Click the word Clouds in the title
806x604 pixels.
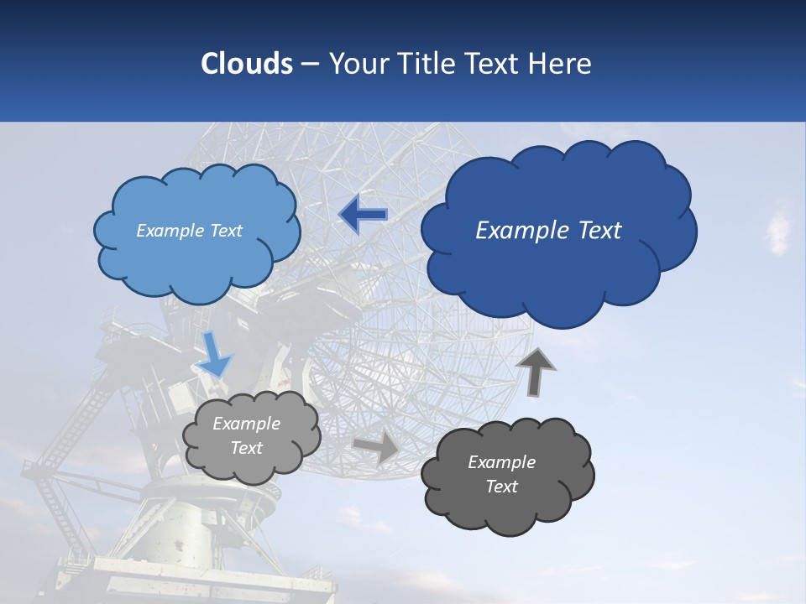point(246,64)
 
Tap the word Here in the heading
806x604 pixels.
point(561,64)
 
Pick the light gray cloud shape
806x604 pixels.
point(252,466)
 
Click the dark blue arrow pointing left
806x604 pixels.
point(364,215)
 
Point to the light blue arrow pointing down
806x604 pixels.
point(214,355)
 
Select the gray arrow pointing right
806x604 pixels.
point(377,447)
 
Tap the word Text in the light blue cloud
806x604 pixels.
point(226,231)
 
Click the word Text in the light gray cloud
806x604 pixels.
point(247,448)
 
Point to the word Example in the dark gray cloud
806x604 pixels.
point(501,462)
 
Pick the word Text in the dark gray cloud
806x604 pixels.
point(501,487)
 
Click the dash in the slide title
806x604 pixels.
point(310,65)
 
